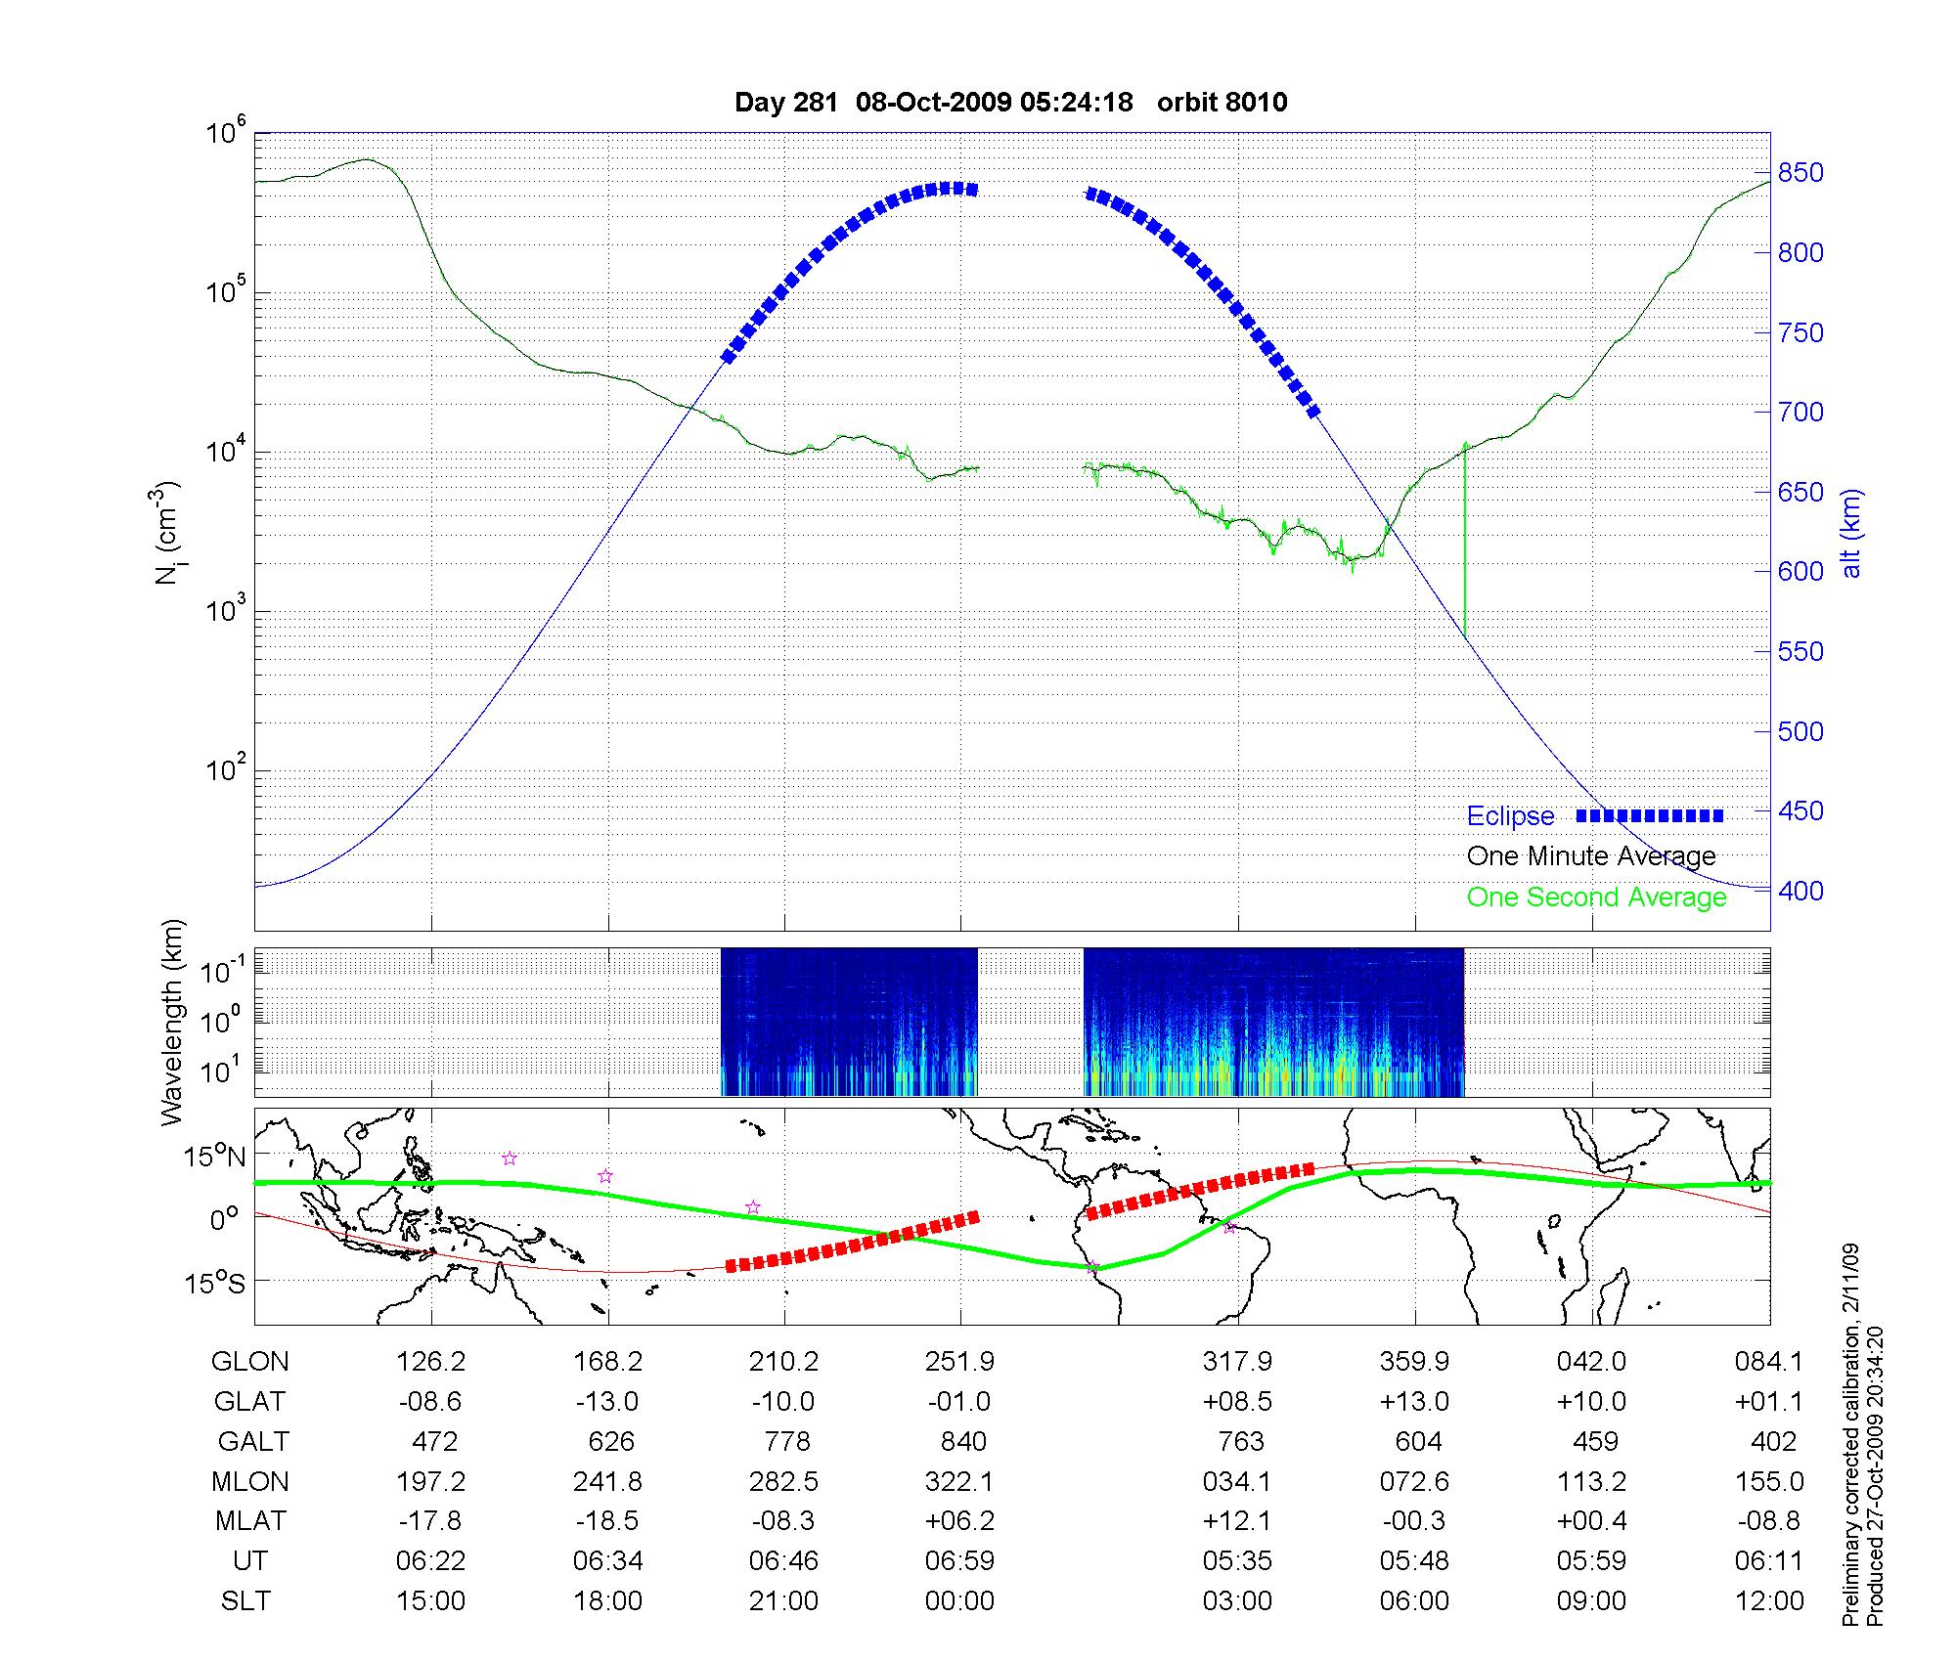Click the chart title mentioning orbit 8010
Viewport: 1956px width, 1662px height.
click(x=1010, y=102)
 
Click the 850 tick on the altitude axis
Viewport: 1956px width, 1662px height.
click(x=1800, y=173)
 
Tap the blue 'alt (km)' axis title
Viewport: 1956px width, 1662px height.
click(x=1851, y=533)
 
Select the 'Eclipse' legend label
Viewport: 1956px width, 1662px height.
click(x=1510, y=816)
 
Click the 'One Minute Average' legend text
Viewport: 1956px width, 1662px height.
click(x=1591, y=856)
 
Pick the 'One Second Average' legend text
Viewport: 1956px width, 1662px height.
click(x=1596, y=897)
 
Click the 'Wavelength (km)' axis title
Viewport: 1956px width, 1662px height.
click(x=172, y=1022)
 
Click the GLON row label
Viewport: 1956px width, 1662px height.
click(x=249, y=1362)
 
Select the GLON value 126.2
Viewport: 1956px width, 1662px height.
click(x=430, y=1362)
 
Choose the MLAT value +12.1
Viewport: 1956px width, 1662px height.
click(x=1237, y=1521)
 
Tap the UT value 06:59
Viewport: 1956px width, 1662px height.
click(x=959, y=1561)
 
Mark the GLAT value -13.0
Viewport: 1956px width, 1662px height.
click(x=607, y=1402)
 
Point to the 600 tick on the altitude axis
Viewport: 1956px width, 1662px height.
click(x=1800, y=572)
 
